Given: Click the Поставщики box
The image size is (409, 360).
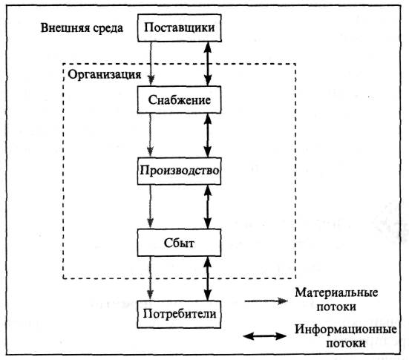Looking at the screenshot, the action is pyautogui.click(x=180, y=28).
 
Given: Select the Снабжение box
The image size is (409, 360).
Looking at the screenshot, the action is pyautogui.click(x=179, y=99).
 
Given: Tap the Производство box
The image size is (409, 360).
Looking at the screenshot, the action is pyautogui.click(x=179, y=171).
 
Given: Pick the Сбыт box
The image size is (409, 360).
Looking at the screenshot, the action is pyautogui.click(x=179, y=243).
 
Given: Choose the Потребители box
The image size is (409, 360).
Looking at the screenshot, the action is pyautogui.click(x=179, y=314).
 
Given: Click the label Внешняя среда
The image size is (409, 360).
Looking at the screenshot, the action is pyautogui.click(x=82, y=28).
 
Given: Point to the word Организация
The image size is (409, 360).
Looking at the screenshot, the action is pyautogui.click(x=105, y=75).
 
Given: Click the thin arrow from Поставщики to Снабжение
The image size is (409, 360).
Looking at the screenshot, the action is pyautogui.click(x=151, y=64).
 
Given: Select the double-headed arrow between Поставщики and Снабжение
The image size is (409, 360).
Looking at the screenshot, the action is pyautogui.click(x=208, y=64).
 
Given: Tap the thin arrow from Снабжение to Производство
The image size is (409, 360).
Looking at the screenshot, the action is pyautogui.click(x=150, y=135).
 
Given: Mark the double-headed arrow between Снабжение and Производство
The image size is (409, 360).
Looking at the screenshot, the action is pyautogui.click(x=208, y=135).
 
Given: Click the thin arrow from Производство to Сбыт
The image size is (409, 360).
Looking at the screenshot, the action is pyautogui.click(x=150, y=207).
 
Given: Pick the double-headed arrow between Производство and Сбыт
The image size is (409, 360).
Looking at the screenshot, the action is pyautogui.click(x=208, y=207).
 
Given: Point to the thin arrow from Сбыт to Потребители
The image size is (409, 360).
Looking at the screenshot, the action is pyautogui.click(x=150, y=278).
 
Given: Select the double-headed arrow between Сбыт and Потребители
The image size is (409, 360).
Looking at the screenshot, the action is pyautogui.click(x=208, y=278).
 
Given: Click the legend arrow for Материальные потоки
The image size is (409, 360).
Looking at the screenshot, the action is pyautogui.click(x=266, y=301).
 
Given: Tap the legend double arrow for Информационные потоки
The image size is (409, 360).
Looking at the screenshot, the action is pyautogui.click(x=265, y=336).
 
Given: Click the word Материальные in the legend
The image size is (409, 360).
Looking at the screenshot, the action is pyautogui.click(x=336, y=292).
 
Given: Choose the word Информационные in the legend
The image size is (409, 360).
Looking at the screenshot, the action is pyautogui.click(x=346, y=330).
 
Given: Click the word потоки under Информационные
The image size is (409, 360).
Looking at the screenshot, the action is pyautogui.click(x=346, y=344).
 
